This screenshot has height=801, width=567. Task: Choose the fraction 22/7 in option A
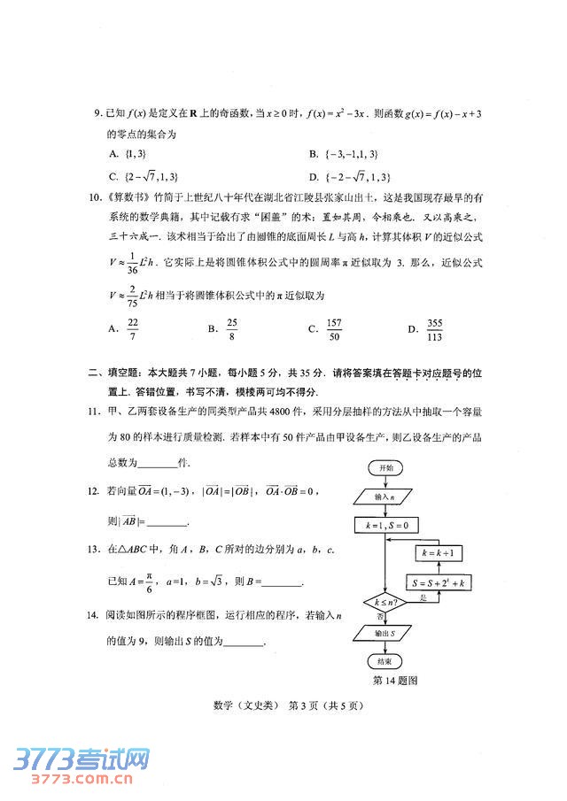[134, 328]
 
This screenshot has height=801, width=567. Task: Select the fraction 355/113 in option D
[435, 328]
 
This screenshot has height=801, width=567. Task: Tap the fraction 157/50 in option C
[334, 328]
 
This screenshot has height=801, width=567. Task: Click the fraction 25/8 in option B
[232, 328]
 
